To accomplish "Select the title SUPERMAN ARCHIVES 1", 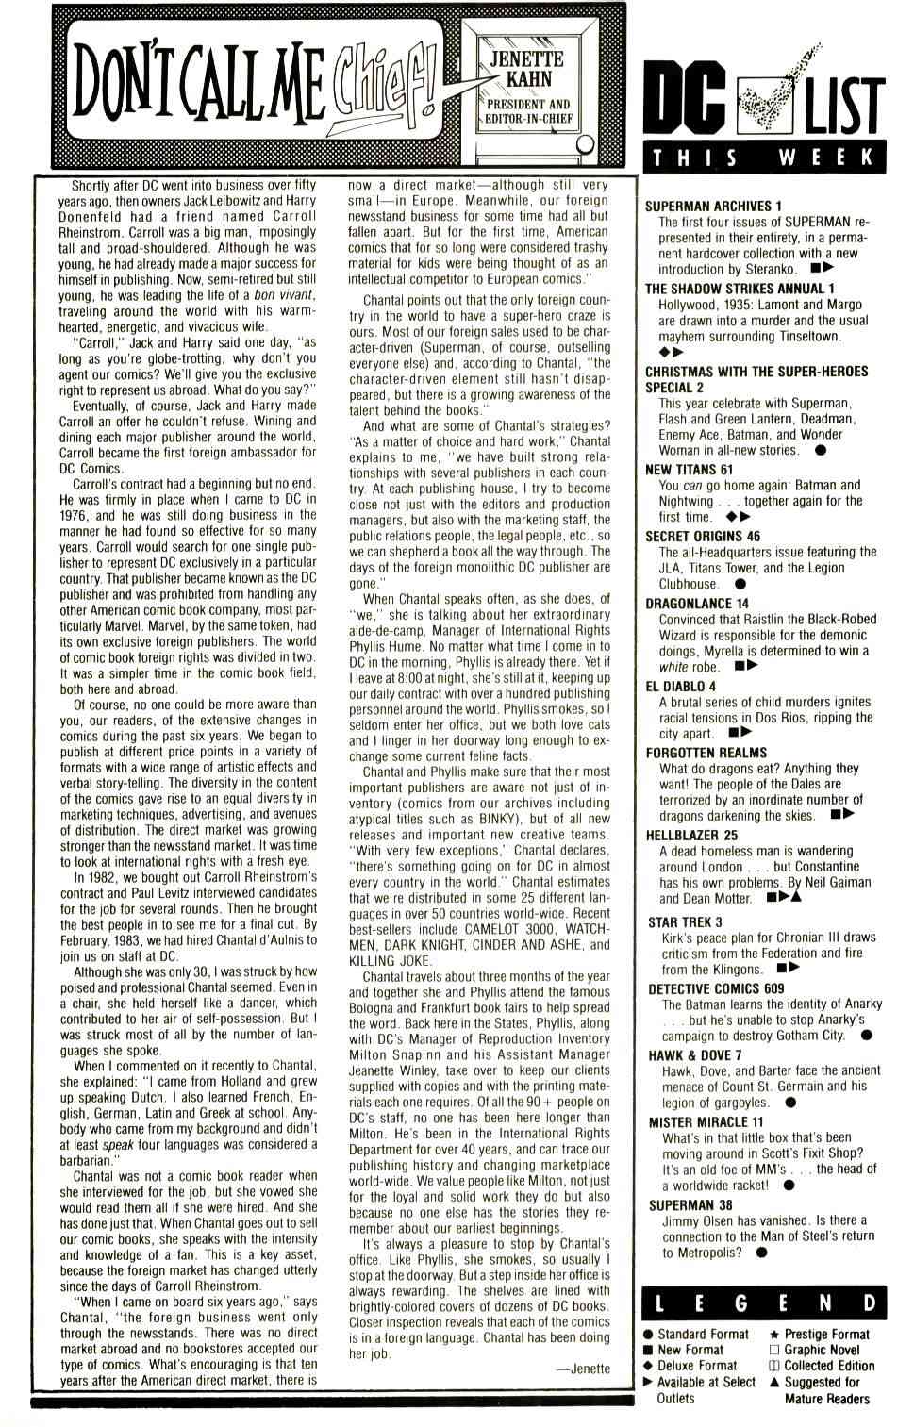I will pyautogui.click(x=713, y=206).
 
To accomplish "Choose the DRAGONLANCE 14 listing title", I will pyautogui.click(x=697, y=603).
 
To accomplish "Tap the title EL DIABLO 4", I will pyautogui.click(x=680, y=686).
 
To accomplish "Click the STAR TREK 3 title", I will pyautogui.click(x=685, y=921).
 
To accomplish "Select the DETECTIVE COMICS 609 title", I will pyautogui.click(x=716, y=988).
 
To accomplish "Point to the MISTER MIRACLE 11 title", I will pyautogui.click(x=706, y=1122).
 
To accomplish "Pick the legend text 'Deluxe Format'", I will pyautogui.click(x=697, y=1365).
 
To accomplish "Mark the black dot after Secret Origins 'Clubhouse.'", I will pyautogui.click(x=740, y=584).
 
